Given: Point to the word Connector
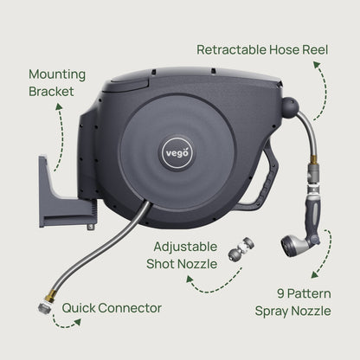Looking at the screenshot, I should pos(130,307).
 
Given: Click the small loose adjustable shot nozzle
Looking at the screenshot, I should pos(235,253).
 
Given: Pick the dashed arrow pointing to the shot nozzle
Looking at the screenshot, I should pos(209,282).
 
